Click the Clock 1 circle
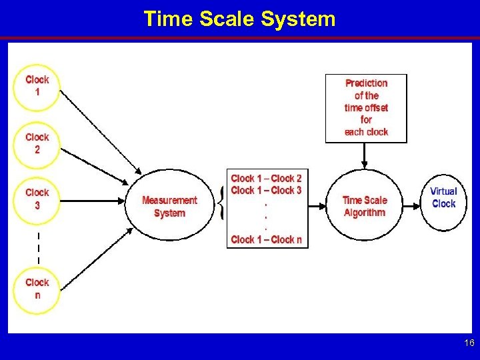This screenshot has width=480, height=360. point(37,86)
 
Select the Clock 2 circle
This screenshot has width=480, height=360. point(37,143)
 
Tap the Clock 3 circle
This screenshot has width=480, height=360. point(37,199)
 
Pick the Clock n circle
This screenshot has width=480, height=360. point(37,289)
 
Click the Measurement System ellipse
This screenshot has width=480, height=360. point(169,207)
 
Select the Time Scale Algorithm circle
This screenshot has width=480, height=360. point(364,206)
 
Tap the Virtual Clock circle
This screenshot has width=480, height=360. point(443,198)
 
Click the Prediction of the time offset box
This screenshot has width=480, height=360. point(366,108)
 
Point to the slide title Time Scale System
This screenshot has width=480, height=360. point(239,19)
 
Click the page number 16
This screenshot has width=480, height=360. point(469,343)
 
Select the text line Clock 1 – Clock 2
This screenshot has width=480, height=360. point(266,179)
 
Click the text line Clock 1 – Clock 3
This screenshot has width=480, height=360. point(266,191)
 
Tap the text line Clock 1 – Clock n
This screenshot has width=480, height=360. point(266,239)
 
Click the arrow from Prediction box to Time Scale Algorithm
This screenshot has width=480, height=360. point(365,155)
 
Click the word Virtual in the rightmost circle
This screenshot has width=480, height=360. point(443,192)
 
